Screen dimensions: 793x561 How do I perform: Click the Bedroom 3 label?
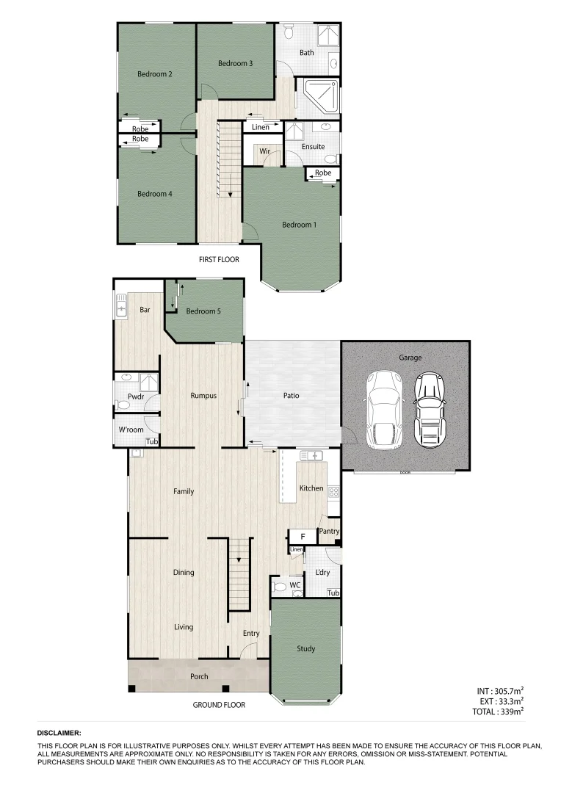pyautogui.click(x=236, y=64)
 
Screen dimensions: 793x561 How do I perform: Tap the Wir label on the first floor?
pyautogui.click(x=266, y=152)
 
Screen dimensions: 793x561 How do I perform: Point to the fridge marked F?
pyautogui.click(x=301, y=537)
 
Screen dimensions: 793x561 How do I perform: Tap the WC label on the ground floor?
pyautogui.click(x=294, y=585)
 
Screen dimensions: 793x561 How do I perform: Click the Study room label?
pyautogui.click(x=306, y=649)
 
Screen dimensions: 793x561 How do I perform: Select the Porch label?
pyautogui.click(x=199, y=676)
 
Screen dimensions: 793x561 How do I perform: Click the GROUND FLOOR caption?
pyautogui.click(x=219, y=705)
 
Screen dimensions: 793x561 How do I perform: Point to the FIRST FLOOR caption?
pyautogui.click(x=219, y=260)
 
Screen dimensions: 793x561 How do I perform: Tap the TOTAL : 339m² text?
pyautogui.click(x=499, y=711)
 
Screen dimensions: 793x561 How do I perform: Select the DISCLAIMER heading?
pyautogui.click(x=59, y=733)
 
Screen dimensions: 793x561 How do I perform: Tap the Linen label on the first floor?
pyautogui.click(x=261, y=128)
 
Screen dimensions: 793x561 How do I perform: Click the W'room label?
pyautogui.click(x=131, y=430)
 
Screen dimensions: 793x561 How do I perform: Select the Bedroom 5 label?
pyautogui.click(x=203, y=311)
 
